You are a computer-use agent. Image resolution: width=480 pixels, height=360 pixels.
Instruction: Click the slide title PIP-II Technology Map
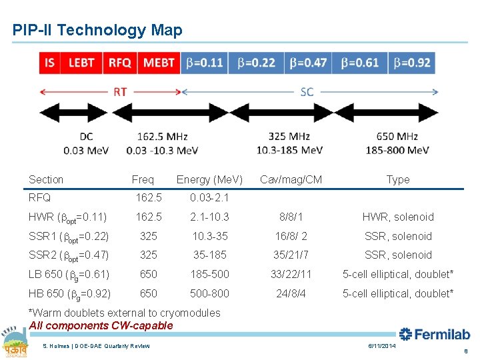click(97, 30)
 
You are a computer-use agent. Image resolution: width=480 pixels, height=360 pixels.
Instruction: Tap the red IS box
click(50, 63)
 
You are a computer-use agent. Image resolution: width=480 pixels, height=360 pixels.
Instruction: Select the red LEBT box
click(81, 63)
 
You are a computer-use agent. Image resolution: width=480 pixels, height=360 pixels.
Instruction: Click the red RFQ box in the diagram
click(120, 63)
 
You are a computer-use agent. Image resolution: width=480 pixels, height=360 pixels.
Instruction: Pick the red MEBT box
click(159, 63)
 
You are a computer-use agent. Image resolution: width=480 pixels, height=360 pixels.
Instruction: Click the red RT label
click(120, 92)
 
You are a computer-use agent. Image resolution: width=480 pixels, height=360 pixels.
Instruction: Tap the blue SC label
click(307, 92)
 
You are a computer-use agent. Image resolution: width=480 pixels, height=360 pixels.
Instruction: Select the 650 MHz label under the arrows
click(397, 137)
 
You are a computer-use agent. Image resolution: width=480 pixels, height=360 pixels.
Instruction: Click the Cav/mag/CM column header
click(291, 179)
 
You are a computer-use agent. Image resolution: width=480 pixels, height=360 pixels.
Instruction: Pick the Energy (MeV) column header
click(209, 179)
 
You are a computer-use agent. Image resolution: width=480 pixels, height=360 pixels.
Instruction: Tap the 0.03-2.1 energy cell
click(209, 197)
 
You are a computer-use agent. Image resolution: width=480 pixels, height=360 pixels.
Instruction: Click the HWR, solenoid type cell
click(398, 217)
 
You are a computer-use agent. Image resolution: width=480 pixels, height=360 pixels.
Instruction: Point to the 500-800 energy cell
click(209, 293)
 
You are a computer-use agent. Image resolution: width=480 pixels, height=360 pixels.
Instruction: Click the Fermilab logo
click(435, 334)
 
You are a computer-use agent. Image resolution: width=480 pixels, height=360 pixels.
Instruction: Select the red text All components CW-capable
click(101, 326)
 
